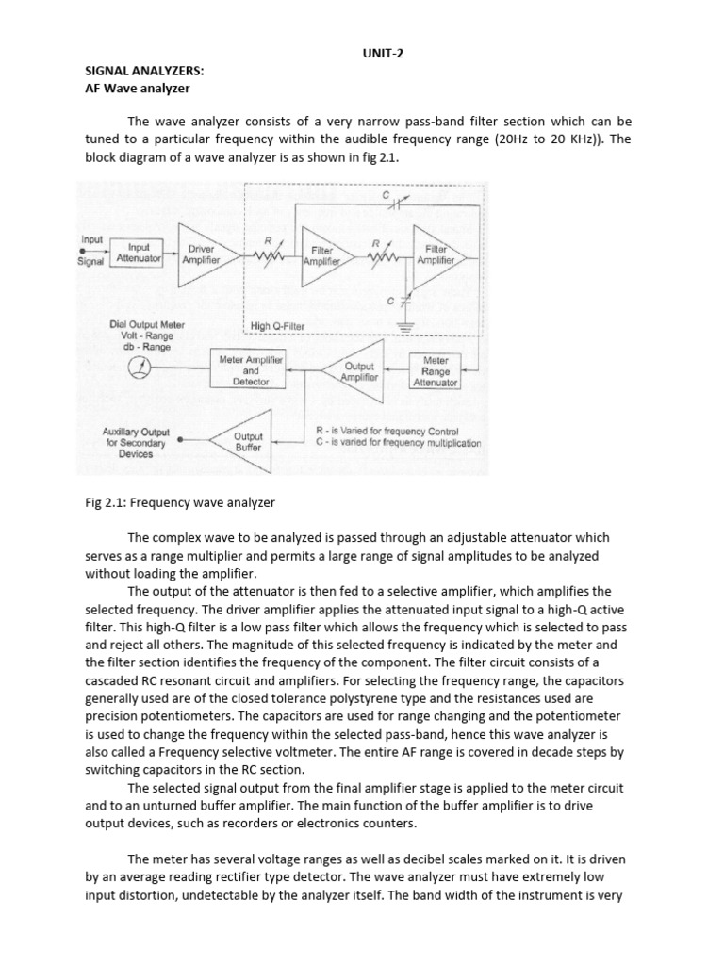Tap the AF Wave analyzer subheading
point(138,89)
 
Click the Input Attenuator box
point(139,252)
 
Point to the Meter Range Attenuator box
point(436,371)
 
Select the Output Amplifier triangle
point(357,371)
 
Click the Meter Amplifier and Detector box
point(251,370)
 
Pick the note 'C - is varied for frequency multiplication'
point(398,443)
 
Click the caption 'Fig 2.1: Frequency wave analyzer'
point(179,502)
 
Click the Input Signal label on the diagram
point(92,251)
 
